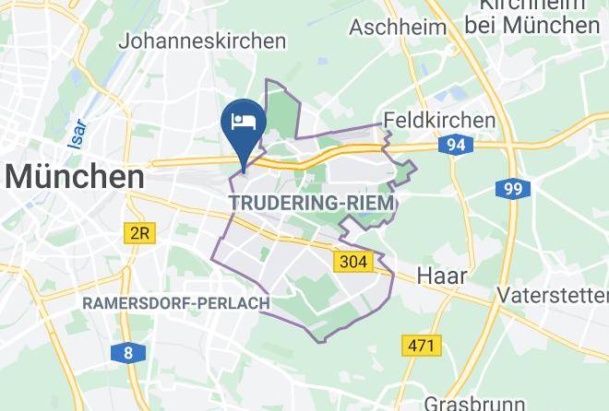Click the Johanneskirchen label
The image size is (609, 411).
click(201, 41)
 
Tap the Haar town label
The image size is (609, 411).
click(441, 276)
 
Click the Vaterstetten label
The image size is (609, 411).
click(552, 295)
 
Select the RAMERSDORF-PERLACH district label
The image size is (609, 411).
click(175, 303)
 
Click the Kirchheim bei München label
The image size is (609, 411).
click(531, 17)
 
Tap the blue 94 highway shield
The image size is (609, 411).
click(456, 145)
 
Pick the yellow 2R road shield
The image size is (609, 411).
click(138, 234)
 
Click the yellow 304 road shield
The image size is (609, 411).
click(352, 262)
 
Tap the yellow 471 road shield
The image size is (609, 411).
click(422, 346)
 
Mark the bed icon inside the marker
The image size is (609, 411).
click(244, 121)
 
